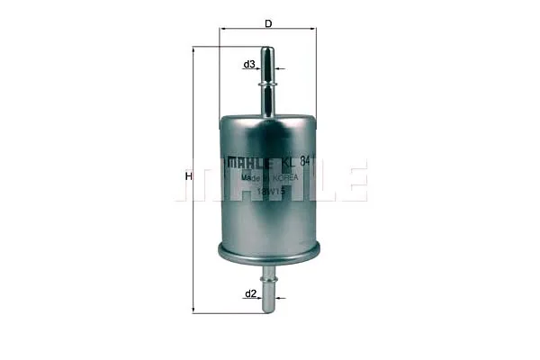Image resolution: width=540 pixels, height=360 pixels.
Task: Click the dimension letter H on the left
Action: (188, 176)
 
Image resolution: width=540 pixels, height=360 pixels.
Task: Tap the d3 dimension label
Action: (249, 65)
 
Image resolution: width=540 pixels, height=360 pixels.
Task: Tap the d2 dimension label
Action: (251, 293)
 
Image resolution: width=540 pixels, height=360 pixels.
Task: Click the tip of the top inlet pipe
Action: (267, 50)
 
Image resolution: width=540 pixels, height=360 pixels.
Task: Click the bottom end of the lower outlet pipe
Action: (267, 310)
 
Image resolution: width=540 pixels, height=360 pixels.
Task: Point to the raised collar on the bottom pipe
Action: (267, 278)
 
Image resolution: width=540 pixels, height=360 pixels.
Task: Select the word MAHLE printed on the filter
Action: (249, 162)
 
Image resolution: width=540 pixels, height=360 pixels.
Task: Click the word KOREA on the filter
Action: (287, 178)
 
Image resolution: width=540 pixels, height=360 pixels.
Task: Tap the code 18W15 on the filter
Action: (270, 191)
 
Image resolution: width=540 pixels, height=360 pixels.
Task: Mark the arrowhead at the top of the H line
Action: (194, 49)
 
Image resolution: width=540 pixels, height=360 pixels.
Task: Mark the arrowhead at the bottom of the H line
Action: (194, 310)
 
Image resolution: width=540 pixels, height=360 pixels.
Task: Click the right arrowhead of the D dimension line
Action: (314, 28)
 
